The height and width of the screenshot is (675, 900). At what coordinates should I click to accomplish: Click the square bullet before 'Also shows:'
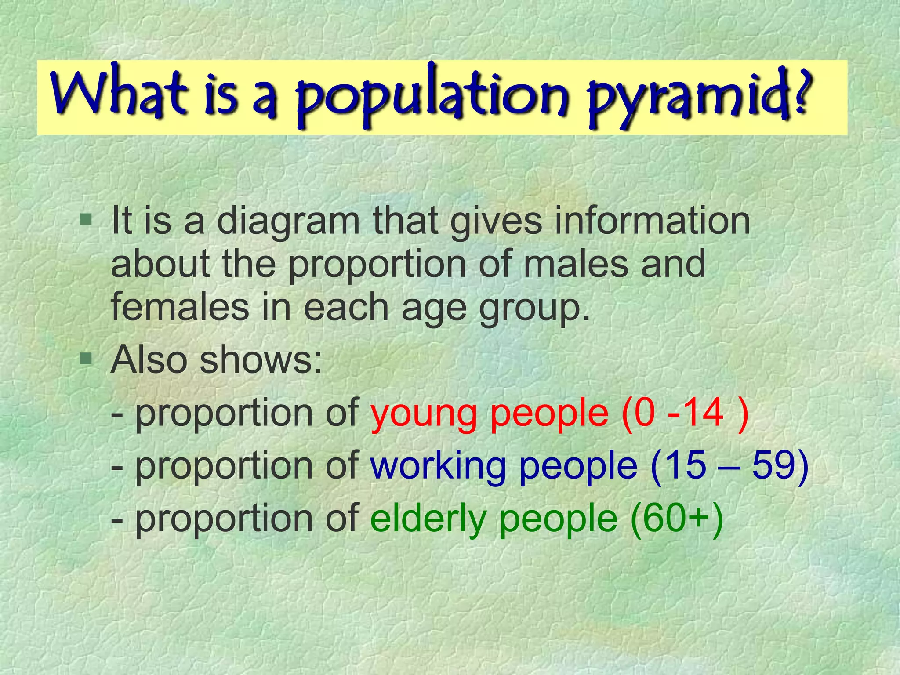pyautogui.click(x=86, y=359)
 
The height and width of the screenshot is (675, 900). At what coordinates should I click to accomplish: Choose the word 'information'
pyautogui.click(x=652, y=221)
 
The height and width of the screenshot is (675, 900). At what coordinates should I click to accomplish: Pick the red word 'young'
pyautogui.click(x=424, y=415)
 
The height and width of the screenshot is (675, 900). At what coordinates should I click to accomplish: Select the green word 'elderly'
pyautogui.click(x=428, y=519)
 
